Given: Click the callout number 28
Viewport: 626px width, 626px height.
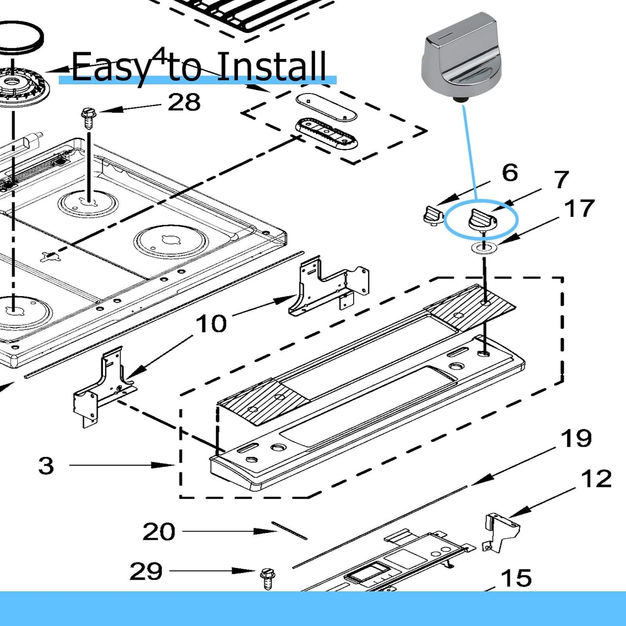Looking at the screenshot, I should pos(184,103).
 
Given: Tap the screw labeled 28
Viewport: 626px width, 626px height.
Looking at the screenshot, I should pos(88,118).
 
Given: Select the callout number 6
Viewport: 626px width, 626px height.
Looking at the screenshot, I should pos(510,173).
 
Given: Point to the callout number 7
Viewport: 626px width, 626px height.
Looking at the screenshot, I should pos(561,179).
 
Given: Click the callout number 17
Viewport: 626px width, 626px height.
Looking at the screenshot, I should pos(579,208).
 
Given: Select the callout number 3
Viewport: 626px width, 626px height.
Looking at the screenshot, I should pos(46,466).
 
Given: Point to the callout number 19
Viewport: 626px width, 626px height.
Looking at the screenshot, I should pos(576,438).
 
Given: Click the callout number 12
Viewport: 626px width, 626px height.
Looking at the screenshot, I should pos(596,479).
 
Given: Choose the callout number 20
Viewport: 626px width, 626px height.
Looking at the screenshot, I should pos(159,532).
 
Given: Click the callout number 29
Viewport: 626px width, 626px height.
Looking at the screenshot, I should pos(146,571).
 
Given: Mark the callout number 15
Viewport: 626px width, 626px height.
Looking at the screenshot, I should pos(516,578).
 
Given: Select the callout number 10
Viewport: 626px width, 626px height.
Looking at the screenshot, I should pos(211,324).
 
